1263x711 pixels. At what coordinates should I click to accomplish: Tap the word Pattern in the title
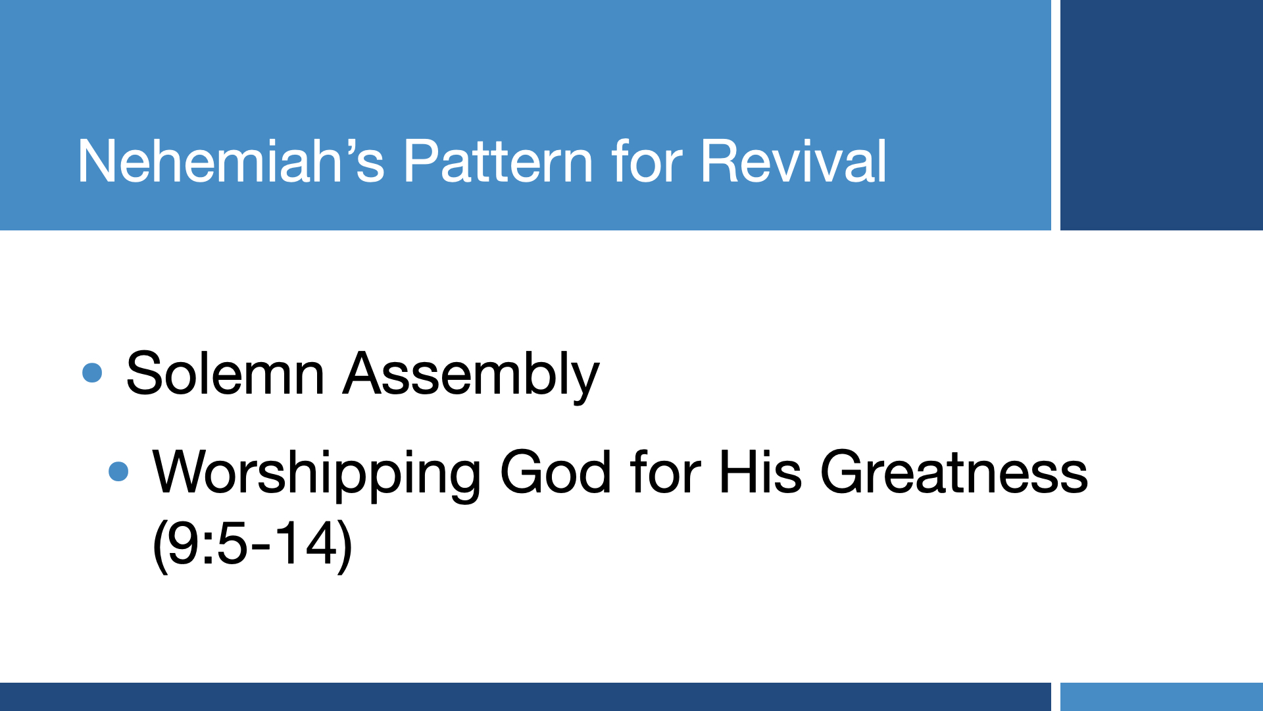tap(499, 161)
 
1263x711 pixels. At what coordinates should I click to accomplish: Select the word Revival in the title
tap(793, 161)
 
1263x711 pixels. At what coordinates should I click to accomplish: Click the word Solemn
tap(225, 374)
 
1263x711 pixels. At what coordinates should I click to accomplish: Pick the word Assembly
tap(471, 376)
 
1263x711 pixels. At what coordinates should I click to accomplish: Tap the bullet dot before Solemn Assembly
tap(92, 373)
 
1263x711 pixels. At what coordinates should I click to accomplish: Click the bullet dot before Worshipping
tap(118, 471)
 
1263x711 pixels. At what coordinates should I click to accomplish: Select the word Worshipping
tap(317, 474)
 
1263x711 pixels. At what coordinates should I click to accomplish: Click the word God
tap(556, 472)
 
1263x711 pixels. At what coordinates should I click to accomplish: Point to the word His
tap(760, 472)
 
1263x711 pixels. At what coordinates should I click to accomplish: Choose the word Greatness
tap(954, 472)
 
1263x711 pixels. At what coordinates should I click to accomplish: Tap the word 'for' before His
tap(665, 472)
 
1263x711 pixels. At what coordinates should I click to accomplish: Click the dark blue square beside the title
tap(1162, 115)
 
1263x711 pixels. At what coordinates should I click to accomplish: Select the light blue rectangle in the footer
tap(1162, 697)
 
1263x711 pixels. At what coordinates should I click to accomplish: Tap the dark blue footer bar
tap(526, 697)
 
